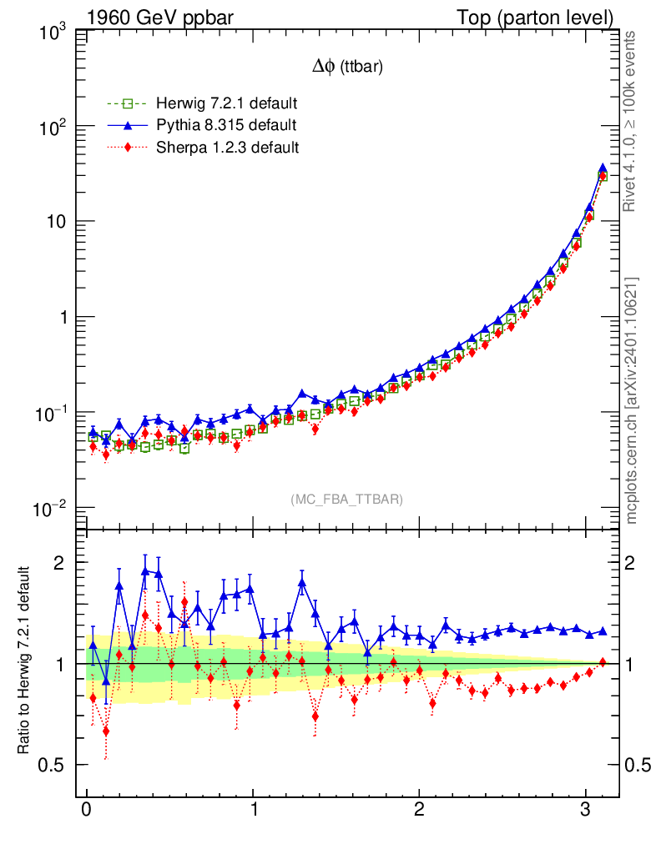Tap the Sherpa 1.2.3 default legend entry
[x=228, y=148]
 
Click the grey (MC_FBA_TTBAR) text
[x=347, y=500]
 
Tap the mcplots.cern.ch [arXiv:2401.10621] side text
[x=633, y=401]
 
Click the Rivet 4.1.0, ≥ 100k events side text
[x=633, y=121]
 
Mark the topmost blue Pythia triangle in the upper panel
[x=603, y=169]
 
